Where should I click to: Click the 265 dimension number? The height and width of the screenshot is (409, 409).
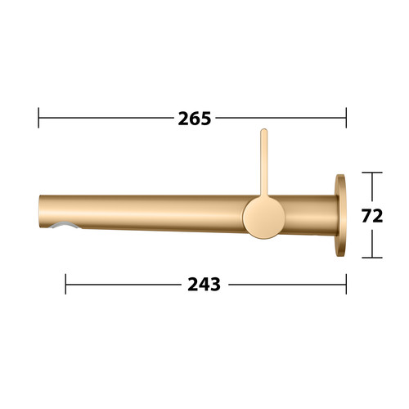pyautogui.click(x=195, y=119)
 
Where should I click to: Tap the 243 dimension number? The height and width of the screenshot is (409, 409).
pyautogui.click(x=204, y=285)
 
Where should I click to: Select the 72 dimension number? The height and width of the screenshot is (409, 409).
pyautogui.click(x=372, y=216)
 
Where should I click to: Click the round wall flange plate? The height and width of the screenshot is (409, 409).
pyautogui.click(x=340, y=215)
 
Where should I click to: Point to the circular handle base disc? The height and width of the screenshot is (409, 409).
pyautogui.click(x=264, y=218)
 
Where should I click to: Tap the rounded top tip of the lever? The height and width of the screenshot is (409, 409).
pyautogui.click(x=263, y=130)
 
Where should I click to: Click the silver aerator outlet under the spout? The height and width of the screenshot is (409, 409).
pyautogui.click(x=65, y=225)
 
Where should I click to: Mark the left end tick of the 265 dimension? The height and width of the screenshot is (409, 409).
pyautogui.click(x=38, y=118)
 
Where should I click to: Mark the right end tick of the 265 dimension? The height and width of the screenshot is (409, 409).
pyautogui.click(x=346, y=118)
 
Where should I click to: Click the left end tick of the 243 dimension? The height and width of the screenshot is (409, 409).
pyautogui.click(x=65, y=284)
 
